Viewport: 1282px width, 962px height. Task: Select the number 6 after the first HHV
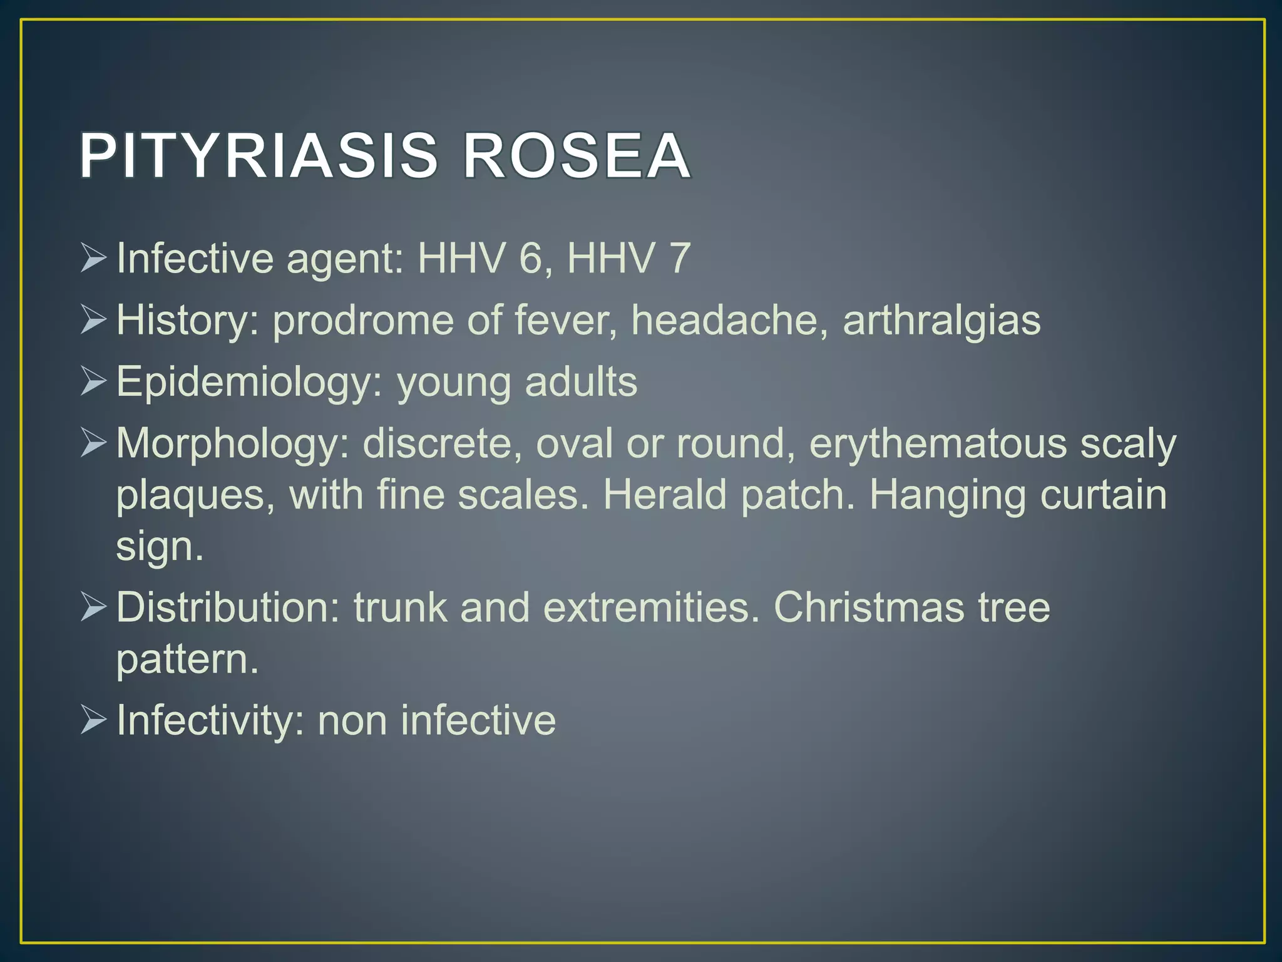pos(531,258)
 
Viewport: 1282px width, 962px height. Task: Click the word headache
pos(725,320)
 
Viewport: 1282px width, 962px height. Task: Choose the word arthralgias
pos(941,320)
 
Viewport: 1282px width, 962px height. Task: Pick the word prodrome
pos(362,320)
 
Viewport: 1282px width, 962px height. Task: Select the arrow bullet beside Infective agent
pos(93,259)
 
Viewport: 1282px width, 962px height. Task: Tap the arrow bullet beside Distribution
pos(93,608)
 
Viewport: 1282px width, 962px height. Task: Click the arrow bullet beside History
pos(93,321)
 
